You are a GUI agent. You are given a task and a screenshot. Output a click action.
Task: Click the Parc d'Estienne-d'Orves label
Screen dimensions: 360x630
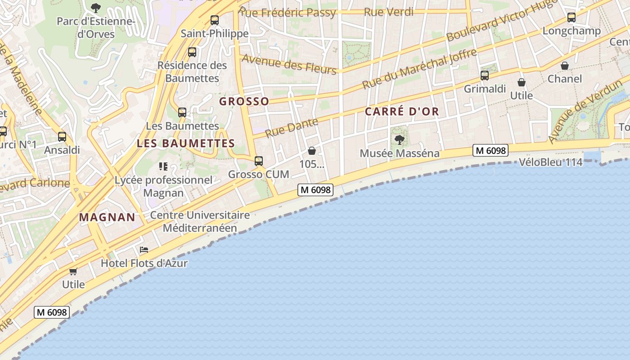coord(96,27)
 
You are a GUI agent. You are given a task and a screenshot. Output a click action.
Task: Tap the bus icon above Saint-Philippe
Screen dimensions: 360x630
coord(215,20)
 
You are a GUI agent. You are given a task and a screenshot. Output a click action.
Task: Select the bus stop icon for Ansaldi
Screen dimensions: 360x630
coord(62,137)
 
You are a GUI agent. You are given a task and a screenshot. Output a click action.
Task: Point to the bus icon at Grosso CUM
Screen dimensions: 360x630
coord(259,161)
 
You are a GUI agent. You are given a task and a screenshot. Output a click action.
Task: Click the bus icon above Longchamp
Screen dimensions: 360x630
coord(571,18)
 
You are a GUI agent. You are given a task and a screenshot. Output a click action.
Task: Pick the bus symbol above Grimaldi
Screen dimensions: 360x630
coord(485,76)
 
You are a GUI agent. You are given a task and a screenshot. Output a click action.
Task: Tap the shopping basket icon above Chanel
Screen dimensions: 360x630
coord(565,66)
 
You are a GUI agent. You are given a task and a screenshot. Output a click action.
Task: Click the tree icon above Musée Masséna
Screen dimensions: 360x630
coord(399,140)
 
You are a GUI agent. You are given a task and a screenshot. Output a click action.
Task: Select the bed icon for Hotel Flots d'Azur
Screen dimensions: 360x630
coord(144,250)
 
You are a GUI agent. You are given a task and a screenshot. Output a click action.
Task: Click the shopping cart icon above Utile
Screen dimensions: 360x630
coord(73,271)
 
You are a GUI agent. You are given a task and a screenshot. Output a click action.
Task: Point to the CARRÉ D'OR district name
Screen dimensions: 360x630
coord(401,112)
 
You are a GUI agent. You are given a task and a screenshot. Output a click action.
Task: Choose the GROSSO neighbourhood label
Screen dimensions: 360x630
coord(244,102)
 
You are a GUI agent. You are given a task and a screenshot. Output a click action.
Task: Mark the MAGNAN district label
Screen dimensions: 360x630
coord(107,217)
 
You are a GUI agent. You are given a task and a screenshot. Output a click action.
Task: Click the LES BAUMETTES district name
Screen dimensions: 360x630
coord(186,144)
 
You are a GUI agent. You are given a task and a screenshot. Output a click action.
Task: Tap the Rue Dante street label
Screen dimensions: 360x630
coord(292,127)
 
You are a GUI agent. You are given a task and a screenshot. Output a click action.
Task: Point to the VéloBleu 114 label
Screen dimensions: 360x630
coord(551,162)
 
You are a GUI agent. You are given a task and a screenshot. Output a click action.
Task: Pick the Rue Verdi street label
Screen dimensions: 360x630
coord(388,12)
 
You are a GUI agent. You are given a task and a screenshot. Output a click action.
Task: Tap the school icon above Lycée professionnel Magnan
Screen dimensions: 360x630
coord(163,166)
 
